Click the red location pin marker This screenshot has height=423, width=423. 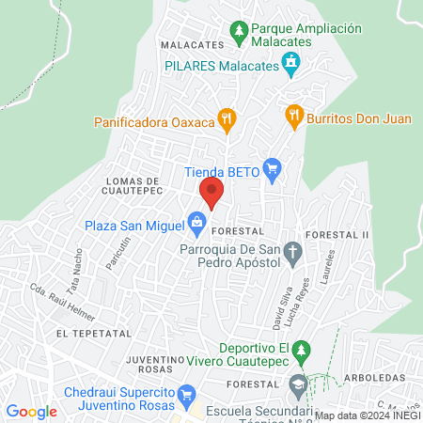click(x=211, y=194)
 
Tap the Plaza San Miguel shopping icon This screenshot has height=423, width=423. click(x=196, y=224)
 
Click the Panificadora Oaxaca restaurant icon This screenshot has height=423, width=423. click(x=226, y=119)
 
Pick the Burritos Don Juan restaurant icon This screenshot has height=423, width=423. click(x=294, y=117)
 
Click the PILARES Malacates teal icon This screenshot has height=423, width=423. click(x=291, y=64)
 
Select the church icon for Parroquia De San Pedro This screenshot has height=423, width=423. click(x=293, y=250)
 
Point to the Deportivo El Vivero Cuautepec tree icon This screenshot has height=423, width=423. click(x=301, y=354)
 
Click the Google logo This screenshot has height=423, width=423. click(x=31, y=412)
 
